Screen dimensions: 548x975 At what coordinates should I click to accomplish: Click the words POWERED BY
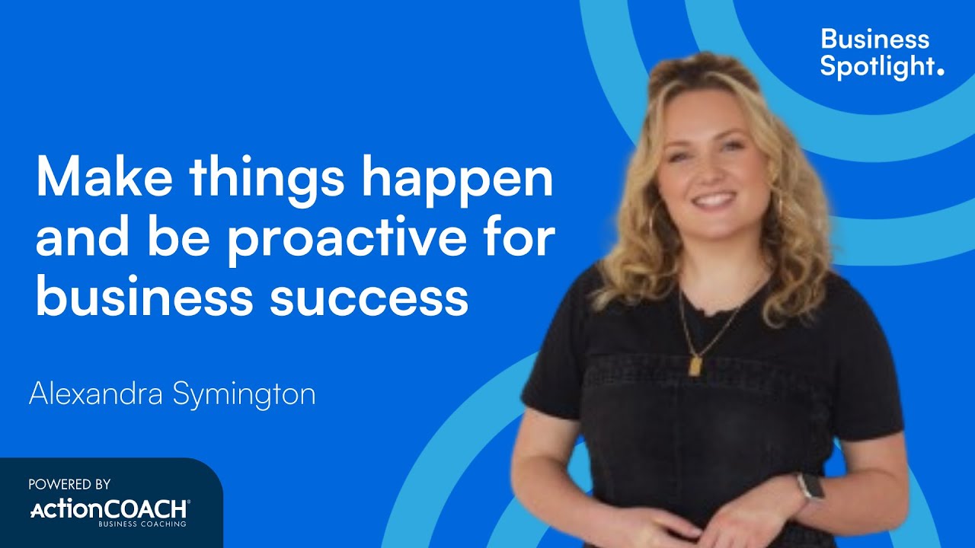[69, 484]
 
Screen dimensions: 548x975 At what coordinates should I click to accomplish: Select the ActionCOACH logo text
[108, 508]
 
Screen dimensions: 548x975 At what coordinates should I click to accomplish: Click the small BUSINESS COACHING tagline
[142, 524]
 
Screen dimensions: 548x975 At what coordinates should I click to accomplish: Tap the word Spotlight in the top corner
[877, 66]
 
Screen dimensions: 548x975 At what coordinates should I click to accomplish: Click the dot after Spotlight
[940, 72]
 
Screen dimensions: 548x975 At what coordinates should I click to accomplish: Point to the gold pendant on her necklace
[695, 366]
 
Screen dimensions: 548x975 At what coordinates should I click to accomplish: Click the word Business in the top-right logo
[874, 39]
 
